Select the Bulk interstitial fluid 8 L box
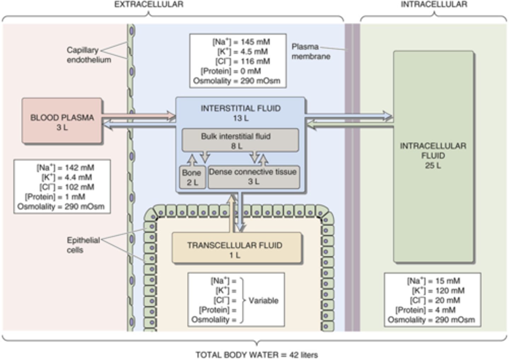coord(240,141)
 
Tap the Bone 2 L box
coord(192,177)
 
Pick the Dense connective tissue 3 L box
coord(253,177)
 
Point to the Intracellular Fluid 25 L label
coord(433,155)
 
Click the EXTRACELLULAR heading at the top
coord(149,5)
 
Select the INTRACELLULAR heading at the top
coord(434,5)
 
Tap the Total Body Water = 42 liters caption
coord(257,355)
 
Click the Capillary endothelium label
coord(89,55)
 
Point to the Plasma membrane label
coord(311,52)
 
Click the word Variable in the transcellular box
coord(263,301)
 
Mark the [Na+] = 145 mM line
coord(241,42)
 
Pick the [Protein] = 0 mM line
coord(230,71)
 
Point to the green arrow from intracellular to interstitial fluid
coord(350,124)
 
